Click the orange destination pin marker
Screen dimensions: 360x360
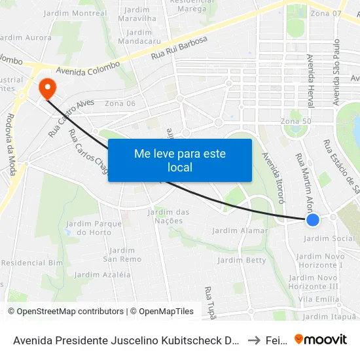(x=47, y=88)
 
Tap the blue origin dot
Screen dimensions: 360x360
(x=313, y=220)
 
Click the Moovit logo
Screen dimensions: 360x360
(x=321, y=339)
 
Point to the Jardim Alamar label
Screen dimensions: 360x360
(x=241, y=230)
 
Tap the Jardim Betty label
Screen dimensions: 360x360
(x=242, y=260)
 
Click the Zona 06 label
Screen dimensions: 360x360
(x=120, y=103)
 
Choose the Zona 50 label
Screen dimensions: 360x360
(x=295, y=122)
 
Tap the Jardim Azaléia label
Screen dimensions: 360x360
(x=102, y=274)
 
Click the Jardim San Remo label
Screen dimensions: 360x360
(x=122, y=255)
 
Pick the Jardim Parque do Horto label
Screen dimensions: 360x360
(x=94, y=228)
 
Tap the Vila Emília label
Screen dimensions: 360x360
(x=317, y=298)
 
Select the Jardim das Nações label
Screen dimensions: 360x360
(x=169, y=216)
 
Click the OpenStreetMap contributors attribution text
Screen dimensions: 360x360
(x=65, y=312)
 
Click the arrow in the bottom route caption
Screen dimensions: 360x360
(x=254, y=339)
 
